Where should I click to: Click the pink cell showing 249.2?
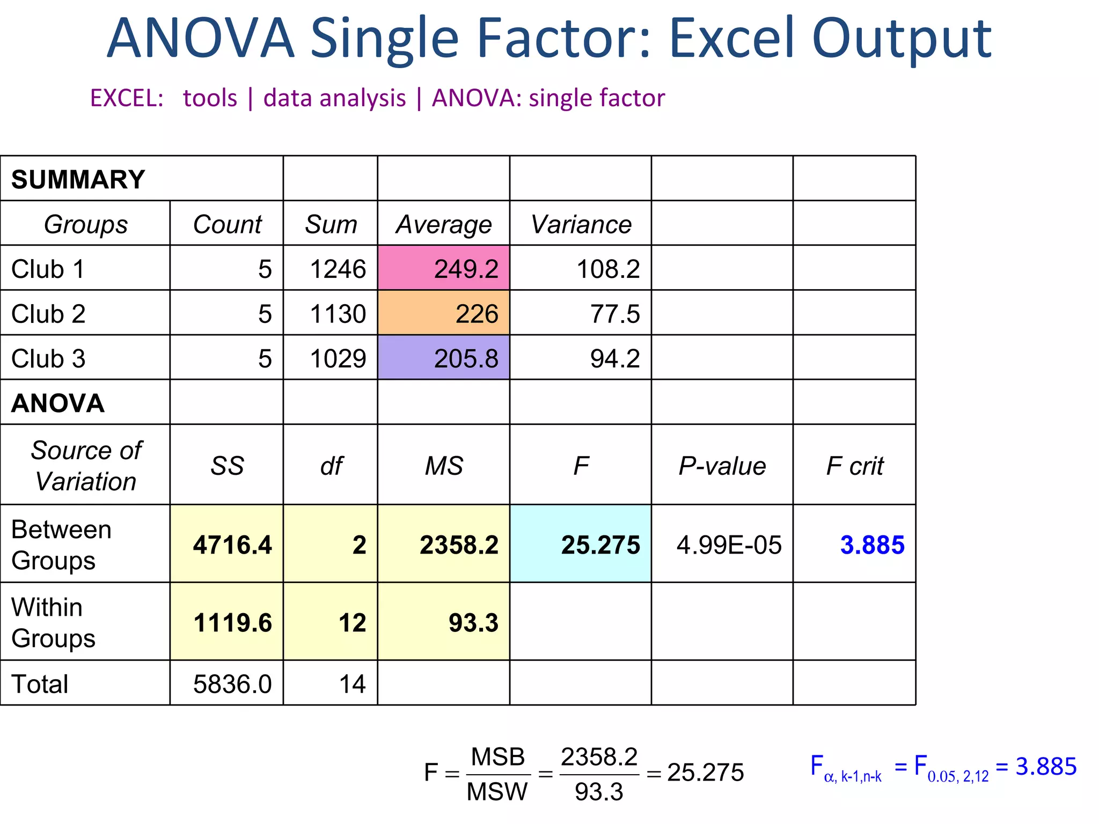(x=444, y=268)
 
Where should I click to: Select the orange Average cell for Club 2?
(x=444, y=313)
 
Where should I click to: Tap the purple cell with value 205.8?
(x=444, y=358)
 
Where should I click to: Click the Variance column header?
(x=581, y=224)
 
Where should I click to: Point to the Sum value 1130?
(x=338, y=314)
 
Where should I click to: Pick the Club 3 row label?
(x=48, y=358)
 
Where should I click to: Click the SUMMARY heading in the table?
(x=78, y=179)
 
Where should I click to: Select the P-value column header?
(x=722, y=466)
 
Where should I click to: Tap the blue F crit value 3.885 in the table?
(x=872, y=545)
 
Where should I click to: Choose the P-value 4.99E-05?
(x=729, y=545)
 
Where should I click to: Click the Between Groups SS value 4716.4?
(x=232, y=545)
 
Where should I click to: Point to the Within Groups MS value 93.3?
(x=473, y=623)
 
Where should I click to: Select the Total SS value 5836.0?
(x=232, y=684)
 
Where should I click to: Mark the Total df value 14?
(x=352, y=684)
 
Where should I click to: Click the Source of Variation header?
(x=86, y=466)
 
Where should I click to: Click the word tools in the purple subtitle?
(x=210, y=98)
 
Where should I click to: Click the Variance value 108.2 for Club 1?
(x=608, y=269)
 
